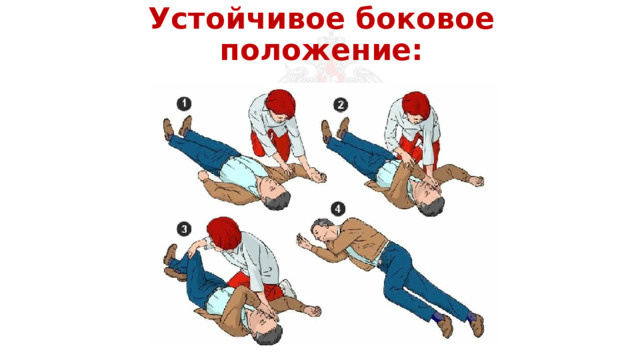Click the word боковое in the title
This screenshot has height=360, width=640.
pyautogui.click(x=421, y=21)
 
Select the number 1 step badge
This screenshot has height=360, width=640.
pyautogui.click(x=185, y=103)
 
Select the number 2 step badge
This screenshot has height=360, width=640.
pyautogui.click(x=341, y=105)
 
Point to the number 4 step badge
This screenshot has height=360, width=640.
pyautogui.click(x=338, y=209)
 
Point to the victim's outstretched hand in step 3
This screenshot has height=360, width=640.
pyautogui.click(x=312, y=311)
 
